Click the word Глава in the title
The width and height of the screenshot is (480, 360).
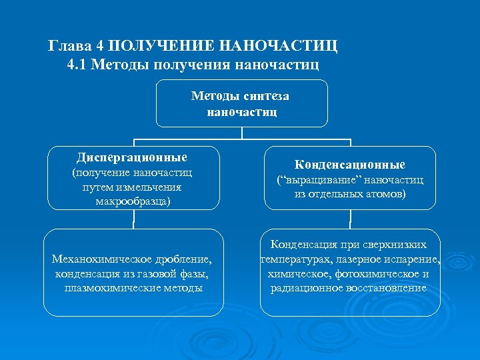(68, 46)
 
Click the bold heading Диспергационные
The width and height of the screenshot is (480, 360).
(132, 158)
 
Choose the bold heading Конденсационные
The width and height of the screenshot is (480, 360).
(350, 164)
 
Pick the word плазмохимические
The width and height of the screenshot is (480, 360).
(108, 287)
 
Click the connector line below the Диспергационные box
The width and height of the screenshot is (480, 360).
(133, 219)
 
